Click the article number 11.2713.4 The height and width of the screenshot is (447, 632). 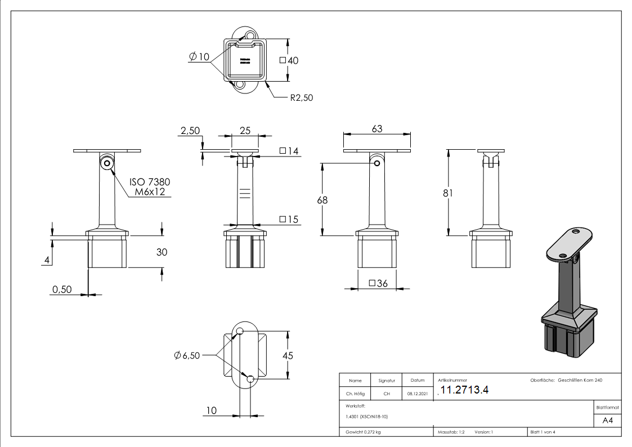pyautogui.click(x=464, y=391)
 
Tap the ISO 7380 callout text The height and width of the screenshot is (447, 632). pyautogui.click(x=149, y=182)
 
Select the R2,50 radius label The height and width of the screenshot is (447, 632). pyautogui.click(x=301, y=97)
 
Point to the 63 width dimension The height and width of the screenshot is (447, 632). pyautogui.click(x=376, y=129)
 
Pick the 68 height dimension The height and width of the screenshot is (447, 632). pyautogui.click(x=322, y=200)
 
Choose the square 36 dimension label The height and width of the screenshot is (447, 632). pyautogui.click(x=378, y=283)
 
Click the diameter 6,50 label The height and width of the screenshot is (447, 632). pyautogui.click(x=187, y=355)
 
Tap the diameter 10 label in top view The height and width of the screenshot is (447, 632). pyautogui.click(x=199, y=57)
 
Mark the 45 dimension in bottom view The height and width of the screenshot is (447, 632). pyautogui.click(x=287, y=355)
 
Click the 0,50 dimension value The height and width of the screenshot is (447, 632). pyautogui.click(x=62, y=289)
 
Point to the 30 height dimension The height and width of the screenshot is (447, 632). pyautogui.click(x=162, y=252)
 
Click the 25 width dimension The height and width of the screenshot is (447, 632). pyautogui.click(x=245, y=131)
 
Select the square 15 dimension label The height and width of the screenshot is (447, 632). pyautogui.click(x=289, y=219)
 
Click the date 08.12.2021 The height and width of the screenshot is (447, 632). pyautogui.click(x=417, y=394)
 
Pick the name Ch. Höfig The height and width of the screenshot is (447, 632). pyautogui.click(x=355, y=394)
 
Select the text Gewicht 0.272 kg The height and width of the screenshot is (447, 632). pyautogui.click(x=363, y=432)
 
